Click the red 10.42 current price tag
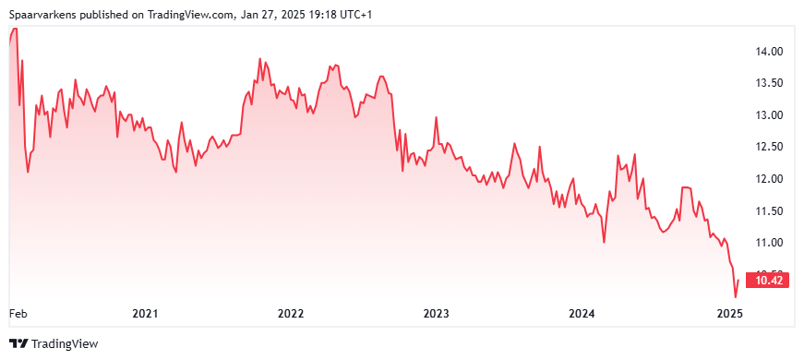(766, 281)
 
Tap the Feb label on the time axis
(18, 313)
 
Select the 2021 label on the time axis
(144, 313)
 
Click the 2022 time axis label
(292, 313)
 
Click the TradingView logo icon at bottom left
(19, 343)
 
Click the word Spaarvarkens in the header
(43, 15)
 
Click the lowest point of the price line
(736, 297)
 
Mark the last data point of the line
(738, 280)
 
